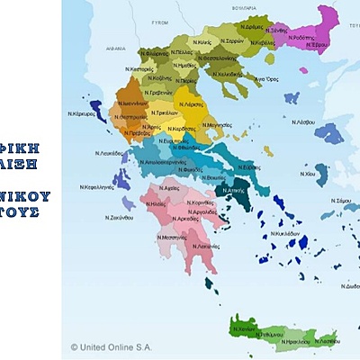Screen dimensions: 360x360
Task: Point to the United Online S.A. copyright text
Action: (x=113, y=346)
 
